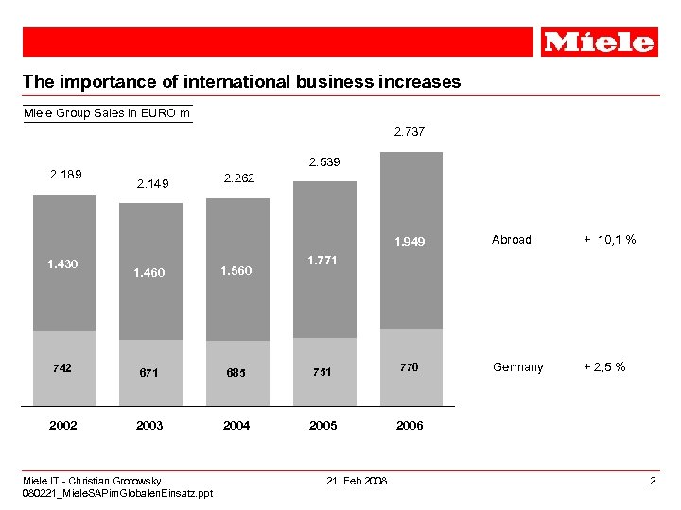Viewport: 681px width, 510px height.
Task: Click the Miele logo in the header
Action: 600,42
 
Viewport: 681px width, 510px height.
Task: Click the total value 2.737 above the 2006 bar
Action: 410,132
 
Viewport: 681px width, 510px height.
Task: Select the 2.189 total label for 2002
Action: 65,174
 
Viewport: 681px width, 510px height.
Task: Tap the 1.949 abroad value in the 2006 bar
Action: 410,242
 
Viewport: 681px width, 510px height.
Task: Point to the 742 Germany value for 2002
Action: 63,367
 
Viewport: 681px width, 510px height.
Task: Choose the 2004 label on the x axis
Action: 236,426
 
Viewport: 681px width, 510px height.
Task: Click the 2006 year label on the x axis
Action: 410,426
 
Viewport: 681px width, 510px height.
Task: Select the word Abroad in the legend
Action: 512,240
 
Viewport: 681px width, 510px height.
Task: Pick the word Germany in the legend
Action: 517,367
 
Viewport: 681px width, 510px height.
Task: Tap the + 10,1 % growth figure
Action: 609,240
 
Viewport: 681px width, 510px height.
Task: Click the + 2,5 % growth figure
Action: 603,367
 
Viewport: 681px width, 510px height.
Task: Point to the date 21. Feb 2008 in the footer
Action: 356,482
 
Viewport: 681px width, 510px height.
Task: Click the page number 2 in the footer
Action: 653,482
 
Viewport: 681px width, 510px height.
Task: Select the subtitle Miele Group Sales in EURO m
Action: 107,114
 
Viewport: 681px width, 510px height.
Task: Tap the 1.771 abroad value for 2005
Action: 323,260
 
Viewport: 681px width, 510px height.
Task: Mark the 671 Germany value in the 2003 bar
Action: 149,373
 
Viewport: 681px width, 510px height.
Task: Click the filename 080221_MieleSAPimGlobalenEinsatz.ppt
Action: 118,493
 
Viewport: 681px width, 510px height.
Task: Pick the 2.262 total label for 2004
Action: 238,178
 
